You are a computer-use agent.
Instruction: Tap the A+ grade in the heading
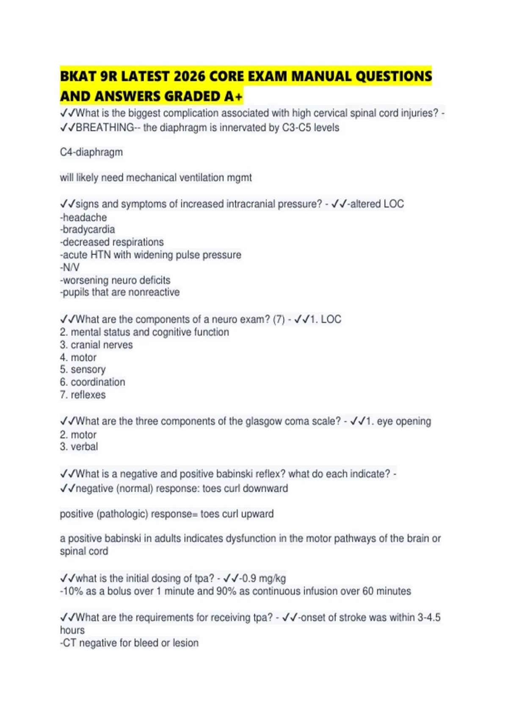coord(234,97)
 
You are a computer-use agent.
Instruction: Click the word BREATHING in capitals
coord(105,128)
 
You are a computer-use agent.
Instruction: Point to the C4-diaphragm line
coord(91,152)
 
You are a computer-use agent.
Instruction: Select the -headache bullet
coord(83,218)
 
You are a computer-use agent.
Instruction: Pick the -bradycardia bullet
coord(87,230)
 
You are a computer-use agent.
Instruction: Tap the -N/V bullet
coord(70,268)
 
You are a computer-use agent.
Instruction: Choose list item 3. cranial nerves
coord(96,345)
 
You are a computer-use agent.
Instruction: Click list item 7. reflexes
coord(83,395)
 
